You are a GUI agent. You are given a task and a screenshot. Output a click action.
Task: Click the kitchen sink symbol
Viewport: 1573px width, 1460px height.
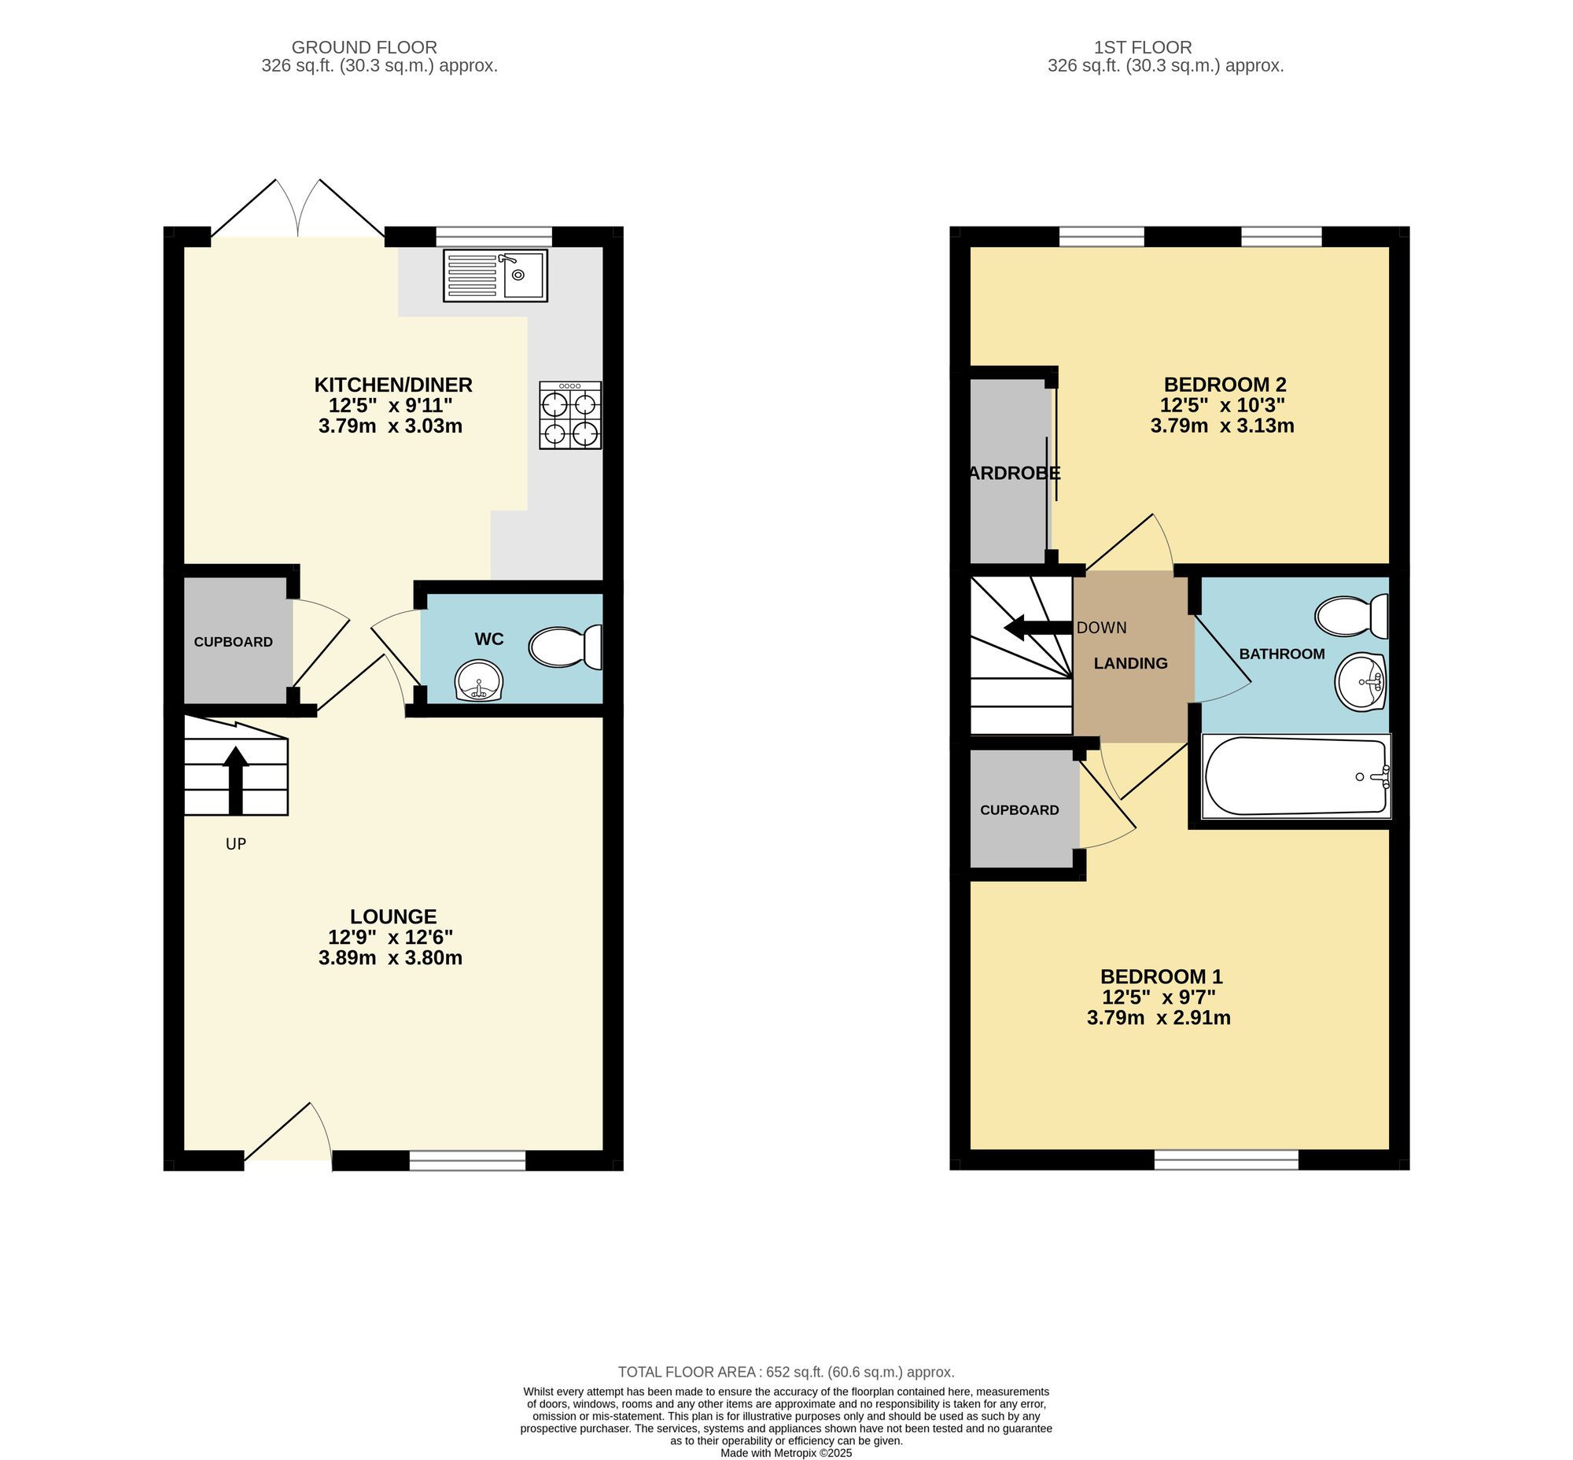click(x=495, y=275)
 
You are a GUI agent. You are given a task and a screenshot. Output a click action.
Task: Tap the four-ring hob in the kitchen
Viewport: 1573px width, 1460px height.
click(x=569, y=415)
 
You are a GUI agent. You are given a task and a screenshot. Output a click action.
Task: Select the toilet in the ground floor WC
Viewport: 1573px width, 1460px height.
click(x=565, y=647)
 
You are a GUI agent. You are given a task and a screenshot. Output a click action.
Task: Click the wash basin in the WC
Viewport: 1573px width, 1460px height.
click(x=479, y=680)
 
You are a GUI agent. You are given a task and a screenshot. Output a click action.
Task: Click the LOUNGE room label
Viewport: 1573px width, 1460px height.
click(x=392, y=916)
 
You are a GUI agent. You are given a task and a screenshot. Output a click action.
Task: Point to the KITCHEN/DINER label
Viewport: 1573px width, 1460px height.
click(x=392, y=385)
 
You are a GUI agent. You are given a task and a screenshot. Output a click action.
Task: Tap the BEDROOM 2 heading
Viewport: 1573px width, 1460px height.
click(x=1225, y=385)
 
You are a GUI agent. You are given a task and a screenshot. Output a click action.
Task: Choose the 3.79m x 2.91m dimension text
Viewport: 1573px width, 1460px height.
click(x=1159, y=1019)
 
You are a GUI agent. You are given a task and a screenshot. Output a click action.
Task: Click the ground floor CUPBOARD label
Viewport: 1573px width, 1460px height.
click(x=233, y=643)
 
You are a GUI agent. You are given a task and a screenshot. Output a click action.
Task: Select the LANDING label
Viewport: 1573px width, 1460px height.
click(x=1129, y=664)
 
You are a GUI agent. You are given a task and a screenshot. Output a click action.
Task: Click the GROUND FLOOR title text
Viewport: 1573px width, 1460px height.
click(x=364, y=47)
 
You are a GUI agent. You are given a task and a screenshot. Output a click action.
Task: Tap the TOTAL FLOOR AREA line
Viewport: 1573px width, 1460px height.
click(x=785, y=1373)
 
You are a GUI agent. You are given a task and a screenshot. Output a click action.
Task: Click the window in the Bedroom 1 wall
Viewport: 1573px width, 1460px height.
click(x=1225, y=1160)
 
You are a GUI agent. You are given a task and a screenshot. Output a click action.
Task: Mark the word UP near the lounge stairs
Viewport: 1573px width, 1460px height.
click(x=235, y=844)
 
